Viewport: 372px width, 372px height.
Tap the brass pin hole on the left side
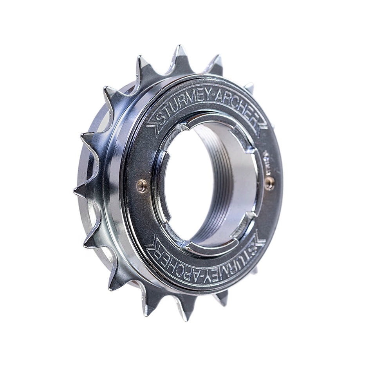pyautogui.click(x=142, y=185)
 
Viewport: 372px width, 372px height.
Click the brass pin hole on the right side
pyautogui.click(x=269, y=182)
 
